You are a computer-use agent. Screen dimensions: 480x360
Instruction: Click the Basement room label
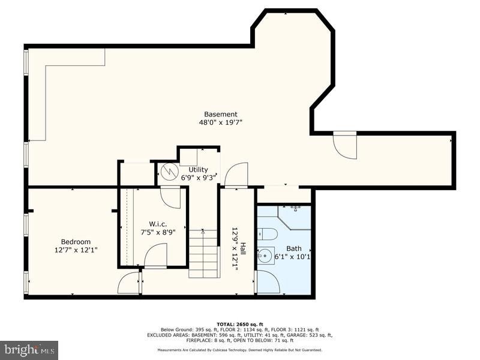[220, 114]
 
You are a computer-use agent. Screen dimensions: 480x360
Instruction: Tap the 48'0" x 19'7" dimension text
[220, 122]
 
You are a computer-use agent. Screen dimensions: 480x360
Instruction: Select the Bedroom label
[76, 242]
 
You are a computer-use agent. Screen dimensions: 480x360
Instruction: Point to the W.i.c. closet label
[158, 224]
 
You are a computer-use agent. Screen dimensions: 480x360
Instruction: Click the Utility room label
[198, 169]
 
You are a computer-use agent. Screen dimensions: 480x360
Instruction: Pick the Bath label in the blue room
[294, 248]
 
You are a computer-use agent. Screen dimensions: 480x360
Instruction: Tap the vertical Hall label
[243, 248]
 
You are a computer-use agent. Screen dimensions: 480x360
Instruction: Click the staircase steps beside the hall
[204, 254]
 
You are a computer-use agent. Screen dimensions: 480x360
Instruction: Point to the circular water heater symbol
[168, 172]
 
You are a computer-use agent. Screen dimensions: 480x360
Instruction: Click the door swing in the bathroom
[268, 281]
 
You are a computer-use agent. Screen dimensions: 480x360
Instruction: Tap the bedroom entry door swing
[129, 283]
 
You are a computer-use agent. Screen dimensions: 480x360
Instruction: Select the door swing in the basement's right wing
[345, 145]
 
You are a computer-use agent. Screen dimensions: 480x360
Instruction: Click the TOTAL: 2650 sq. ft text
[240, 324]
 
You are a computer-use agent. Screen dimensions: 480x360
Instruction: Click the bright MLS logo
[29, 349]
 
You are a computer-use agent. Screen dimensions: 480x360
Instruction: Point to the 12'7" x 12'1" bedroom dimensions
[76, 250]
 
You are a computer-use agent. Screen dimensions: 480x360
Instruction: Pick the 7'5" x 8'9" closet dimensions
[158, 232]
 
